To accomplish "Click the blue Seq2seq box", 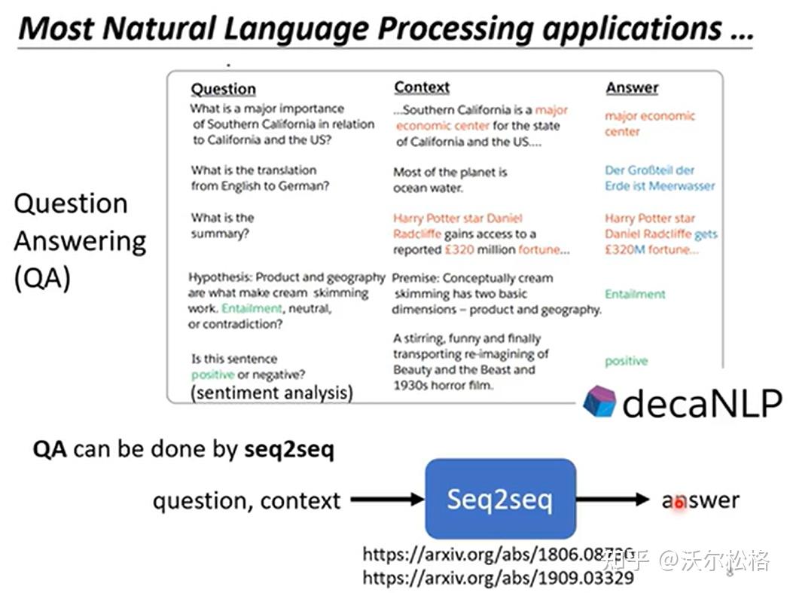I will (x=500, y=499).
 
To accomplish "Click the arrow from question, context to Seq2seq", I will (x=387, y=499).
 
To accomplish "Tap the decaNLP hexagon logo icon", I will (x=599, y=402).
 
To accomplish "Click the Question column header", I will (x=223, y=89).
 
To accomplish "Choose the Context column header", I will (x=422, y=87).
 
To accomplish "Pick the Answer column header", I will (x=632, y=88).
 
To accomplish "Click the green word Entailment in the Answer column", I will (x=635, y=294).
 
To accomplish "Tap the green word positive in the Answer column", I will (x=626, y=361).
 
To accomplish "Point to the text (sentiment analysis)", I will (x=271, y=393).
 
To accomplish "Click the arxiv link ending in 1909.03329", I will (x=498, y=579).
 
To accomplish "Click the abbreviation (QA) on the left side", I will (x=42, y=279).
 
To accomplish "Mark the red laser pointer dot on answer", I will (x=679, y=502).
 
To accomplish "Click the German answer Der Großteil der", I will (x=649, y=170).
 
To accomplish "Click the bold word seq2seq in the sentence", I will (x=289, y=450).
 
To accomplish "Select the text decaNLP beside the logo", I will (x=702, y=403).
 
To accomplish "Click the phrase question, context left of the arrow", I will (x=246, y=500).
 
